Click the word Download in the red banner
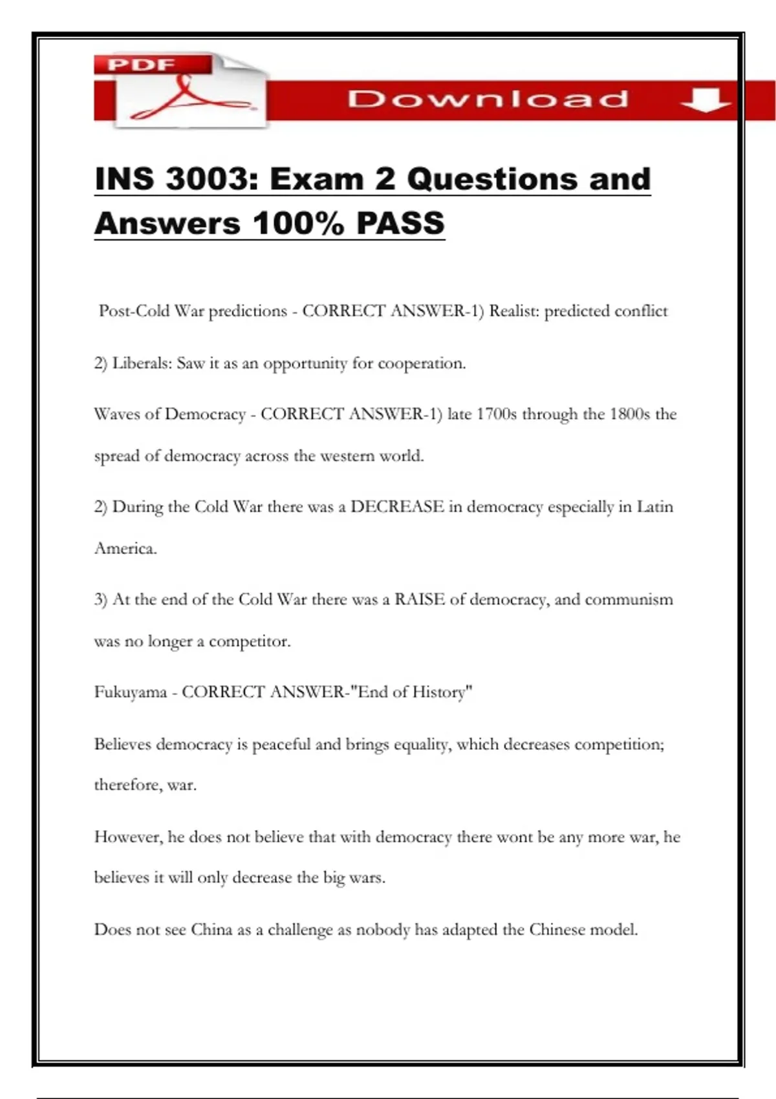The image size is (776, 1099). [x=488, y=100]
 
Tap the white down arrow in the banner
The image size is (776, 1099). [x=706, y=100]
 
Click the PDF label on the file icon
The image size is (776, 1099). [x=142, y=65]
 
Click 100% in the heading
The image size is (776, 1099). [x=298, y=224]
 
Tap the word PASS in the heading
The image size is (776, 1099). [x=400, y=224]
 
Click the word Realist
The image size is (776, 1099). [x=513, y=311]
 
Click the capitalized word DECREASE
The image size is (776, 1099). [x=397, y=507]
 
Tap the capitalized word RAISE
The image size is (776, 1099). [x=420, y=599]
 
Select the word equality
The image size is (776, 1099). [x=422, y=745]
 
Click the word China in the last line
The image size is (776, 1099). [x=211, y=930]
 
